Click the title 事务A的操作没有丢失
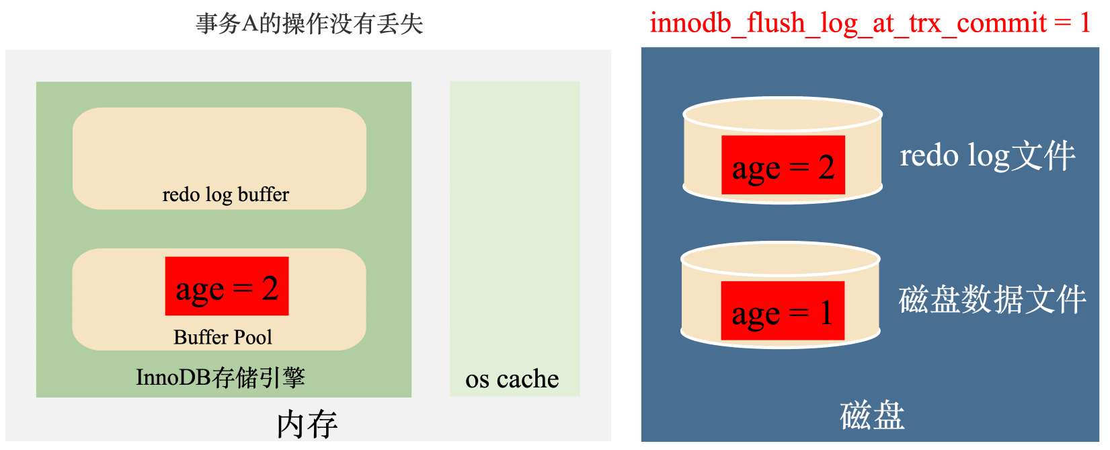pos(309,24)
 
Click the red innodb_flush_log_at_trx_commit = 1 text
pos(869,24)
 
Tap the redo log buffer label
pos(225,195)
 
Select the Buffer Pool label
pos(223,337)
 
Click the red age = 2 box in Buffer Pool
pos(227,287)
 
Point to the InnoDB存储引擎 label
pos(220,377)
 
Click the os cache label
pos(512,379)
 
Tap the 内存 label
pos(307,424)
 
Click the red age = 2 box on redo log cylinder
pos(783,165)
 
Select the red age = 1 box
pos(782,311)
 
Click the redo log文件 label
pos(987,156)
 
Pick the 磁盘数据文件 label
pos(992,300)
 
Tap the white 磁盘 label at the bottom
pos(871,415)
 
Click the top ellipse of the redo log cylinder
pos(782,114)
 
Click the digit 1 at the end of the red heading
pos(1084,24)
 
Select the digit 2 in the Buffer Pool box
pos(270,289)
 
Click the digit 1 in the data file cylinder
pos(826,313)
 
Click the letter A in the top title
pos(249,24)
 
